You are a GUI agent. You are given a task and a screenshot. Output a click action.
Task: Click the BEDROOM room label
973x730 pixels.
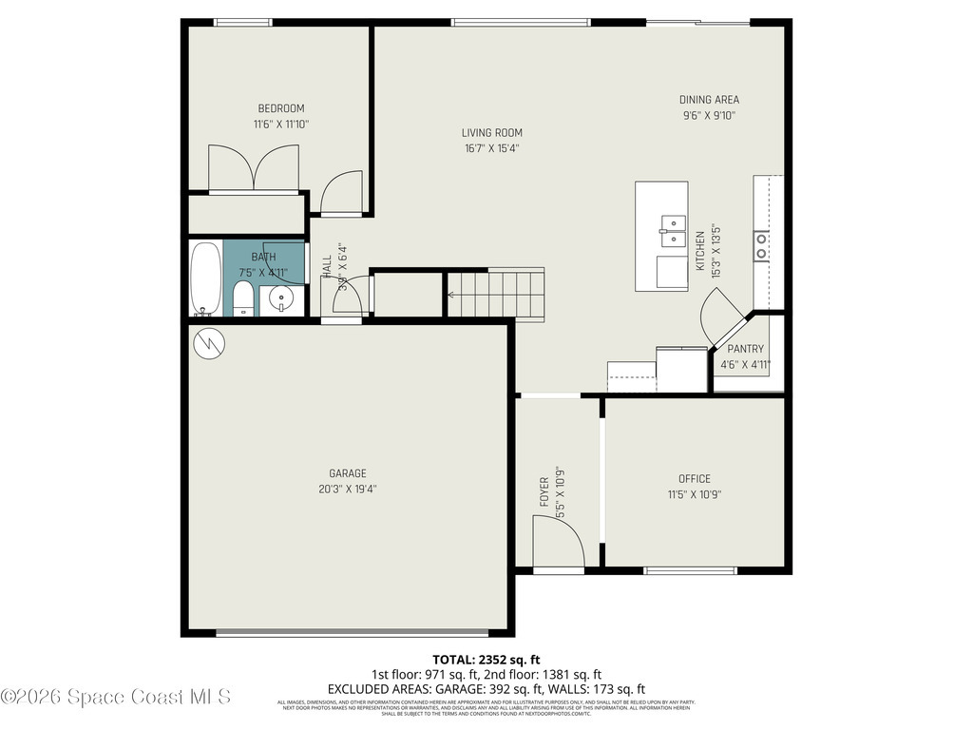click(x=281, y=108)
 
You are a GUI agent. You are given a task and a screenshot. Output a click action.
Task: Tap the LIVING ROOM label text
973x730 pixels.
click(x=491, y=133)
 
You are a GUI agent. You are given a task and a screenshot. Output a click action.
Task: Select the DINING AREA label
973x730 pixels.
click(x=709, y=100)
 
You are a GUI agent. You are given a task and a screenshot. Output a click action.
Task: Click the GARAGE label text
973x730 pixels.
click(x=348, y=473)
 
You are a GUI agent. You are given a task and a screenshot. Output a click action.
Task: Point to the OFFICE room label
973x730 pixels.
click(x=694, y=479)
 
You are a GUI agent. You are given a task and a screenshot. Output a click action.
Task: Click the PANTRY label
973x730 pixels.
click(x=745, y=349)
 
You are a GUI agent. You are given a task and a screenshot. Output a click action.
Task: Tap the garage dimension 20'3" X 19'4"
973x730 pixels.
click(x=348, y=490)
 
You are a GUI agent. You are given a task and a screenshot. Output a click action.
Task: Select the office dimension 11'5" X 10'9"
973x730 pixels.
click(x=694, y=494)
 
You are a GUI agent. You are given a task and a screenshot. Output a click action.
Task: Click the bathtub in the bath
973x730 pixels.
click(x=205, y=279)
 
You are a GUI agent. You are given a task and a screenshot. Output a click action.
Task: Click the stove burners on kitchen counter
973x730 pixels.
click(x=762, y=246)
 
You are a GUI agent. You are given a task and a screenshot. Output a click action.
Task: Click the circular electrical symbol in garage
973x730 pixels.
click(x=209, y=343)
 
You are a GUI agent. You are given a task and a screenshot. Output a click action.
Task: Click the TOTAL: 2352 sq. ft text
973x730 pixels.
click(x=486, y=659)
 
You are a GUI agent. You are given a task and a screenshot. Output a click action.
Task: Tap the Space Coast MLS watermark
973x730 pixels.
click(x=116, y=697)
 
